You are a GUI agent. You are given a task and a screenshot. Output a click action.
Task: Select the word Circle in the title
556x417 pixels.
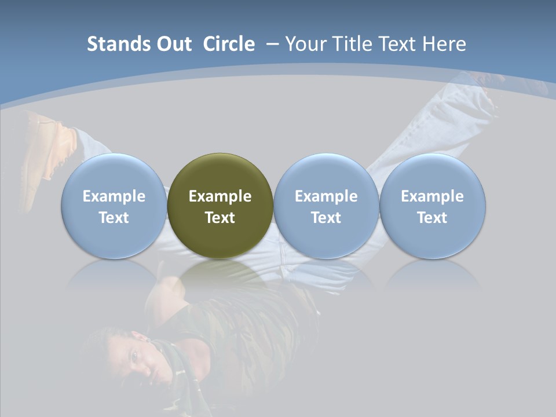pyautogui.click(x=229, y=44)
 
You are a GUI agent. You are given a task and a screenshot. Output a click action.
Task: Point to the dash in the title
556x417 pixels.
pyautogui.click(x=273, y=44)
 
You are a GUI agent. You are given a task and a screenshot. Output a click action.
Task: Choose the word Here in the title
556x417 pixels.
pyautogui.click(x=445, y=44)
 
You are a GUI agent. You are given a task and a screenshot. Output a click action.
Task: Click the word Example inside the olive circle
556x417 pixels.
pyautogui.click(x=220, y=196)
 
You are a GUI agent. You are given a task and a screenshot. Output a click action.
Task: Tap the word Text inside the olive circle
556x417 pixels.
pyautogui.click(x=220, y=218)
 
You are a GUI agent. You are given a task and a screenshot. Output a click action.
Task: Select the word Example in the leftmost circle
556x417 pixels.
pyautogui.click(x=114, y=196)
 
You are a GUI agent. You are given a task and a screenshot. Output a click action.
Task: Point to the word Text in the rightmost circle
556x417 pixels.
pyautogui.click(x=432, y=218)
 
